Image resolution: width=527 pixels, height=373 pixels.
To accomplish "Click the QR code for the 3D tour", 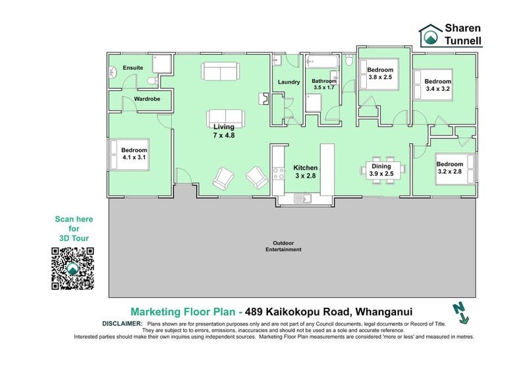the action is pyautogui.click(x=72, y=268).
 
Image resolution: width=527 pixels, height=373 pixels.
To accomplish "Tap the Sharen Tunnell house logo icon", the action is pyautogui.click(x=431, y=35).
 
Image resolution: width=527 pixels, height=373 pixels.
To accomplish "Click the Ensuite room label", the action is pyautogui.click(x=133, y=68).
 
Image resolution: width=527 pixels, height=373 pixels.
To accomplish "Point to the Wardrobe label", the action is pyautogui.click(x=147, y=99).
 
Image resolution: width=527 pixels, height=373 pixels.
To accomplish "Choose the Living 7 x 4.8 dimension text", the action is pyautogui.click(x=224, y=135).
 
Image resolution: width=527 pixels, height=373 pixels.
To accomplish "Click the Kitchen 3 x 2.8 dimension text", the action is pyautogui.click(x=306, y=175).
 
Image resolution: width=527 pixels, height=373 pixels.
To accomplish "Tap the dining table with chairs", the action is pyautogui.click(x=383, y=170).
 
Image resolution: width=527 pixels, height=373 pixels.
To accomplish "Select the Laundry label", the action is pyautogui.click(x=289, y=82).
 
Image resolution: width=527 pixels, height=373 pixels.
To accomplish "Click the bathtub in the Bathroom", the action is pyautogui.click(x=322, y=61).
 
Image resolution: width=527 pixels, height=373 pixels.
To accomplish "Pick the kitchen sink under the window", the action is pyautogui.click(x=302, y=198).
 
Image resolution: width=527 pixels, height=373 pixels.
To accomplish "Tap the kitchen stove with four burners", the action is pyautogui.click(x=278, y=173).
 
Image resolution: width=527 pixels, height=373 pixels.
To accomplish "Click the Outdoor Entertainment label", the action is pyautogui.click(x=283, y=246).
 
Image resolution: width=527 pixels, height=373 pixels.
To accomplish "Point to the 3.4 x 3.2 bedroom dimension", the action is pyautogui.click(x=437, y=89).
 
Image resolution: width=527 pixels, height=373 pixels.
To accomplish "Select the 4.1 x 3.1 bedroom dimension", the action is pyautogui.click(x=134, y=157).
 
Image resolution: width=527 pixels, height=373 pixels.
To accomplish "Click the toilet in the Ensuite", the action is pyautogui.click(x=152, y=80).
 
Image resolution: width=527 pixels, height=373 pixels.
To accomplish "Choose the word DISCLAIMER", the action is pyautogui.click(x=123, y=324).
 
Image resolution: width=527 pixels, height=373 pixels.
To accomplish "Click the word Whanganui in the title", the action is pyautogui.click(x=384, y=312).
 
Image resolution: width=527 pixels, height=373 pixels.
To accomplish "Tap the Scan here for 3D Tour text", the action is pyautogui.click(x=74, y=229).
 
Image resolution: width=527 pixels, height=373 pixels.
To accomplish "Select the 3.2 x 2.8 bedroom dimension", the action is pyautogui.click(x=450, y=171).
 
